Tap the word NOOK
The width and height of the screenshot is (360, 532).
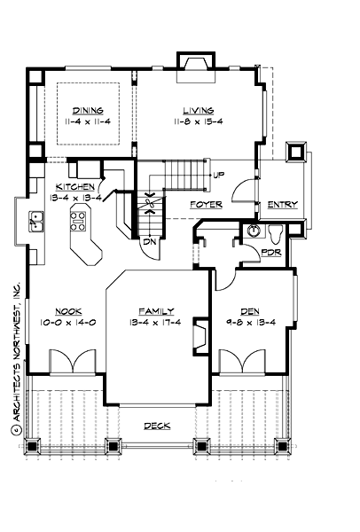pyautogui.click(x=68, y=311)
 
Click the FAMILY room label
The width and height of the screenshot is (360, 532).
pyautogui.click(x=157, y=311)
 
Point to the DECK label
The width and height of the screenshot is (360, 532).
pyautogui.click(x=158, y=426)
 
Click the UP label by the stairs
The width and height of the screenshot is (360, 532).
pyautogui.click(x=217, y=176)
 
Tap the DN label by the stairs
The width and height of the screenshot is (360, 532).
pyautogui.click(x=149, y=239)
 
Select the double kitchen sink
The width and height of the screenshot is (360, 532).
pyautogui.click(x=37, y=219)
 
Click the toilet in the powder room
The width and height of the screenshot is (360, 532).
pyautogui.click(x=275, y=233)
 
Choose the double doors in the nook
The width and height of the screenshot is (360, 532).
pyautogui.click(x=68, y=362)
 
